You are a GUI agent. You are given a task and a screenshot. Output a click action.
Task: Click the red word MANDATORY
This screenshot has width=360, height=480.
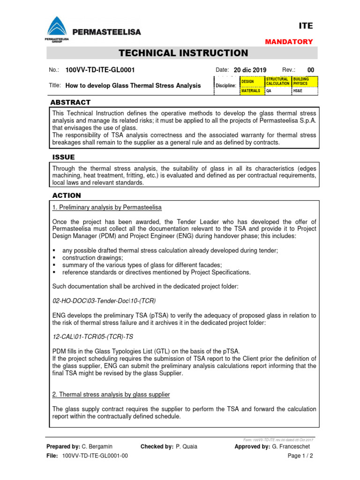pos(289,42)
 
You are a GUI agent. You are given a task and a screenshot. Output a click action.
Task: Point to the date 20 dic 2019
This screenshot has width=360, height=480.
pos(249,70)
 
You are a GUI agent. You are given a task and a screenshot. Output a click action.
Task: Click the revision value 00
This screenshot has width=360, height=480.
pos(310,70)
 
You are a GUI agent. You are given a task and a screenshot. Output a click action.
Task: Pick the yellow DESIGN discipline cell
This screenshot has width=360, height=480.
pos(252,82)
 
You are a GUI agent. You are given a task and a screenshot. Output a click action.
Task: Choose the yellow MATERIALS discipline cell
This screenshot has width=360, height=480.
pos(252,91)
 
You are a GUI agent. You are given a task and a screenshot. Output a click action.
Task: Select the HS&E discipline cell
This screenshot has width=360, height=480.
pos(304,91)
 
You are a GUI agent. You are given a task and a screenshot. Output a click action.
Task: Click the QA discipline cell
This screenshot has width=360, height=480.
pos(278,91)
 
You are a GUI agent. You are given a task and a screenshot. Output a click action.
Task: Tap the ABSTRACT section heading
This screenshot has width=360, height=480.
pos(70,102)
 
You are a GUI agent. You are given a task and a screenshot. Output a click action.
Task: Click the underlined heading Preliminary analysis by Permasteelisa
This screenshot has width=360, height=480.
pos(107,207)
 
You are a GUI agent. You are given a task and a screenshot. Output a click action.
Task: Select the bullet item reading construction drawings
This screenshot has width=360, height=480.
pos(93,258)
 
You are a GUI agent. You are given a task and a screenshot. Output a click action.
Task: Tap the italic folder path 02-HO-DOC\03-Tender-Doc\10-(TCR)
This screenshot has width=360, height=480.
pos(104,300)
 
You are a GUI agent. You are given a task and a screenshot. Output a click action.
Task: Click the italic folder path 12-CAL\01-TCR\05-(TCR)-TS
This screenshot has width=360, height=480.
pos(97,336)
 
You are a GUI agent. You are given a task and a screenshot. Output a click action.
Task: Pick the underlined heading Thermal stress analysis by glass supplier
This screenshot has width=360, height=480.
pos(111,395)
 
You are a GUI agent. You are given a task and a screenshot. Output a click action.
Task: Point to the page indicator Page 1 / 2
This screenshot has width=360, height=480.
pos(300,456)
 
